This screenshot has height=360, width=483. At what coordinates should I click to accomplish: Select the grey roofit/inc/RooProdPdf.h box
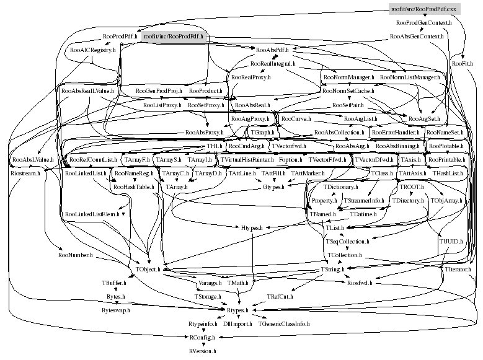pos(174,37)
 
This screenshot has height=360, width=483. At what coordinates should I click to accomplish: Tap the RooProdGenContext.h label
pos(424,24)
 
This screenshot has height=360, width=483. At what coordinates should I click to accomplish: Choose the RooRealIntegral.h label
pos(272,64)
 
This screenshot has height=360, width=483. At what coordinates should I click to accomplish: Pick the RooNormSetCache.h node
pos(348,91)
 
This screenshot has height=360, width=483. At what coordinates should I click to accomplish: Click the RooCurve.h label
pos(296,118)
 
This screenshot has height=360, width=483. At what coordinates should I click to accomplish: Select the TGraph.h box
pos(264,133)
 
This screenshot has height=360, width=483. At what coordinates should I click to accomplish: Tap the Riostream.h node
pos(25,173)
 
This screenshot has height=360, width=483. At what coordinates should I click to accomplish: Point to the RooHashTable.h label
pos(133,187)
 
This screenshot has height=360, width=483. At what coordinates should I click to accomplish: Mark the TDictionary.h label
pos(340,187)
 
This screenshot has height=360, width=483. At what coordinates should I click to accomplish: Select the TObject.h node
pos(148,269)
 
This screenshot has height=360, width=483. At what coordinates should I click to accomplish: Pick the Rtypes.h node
pos(236,310)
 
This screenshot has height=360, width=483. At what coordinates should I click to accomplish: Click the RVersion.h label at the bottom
pos(203,351)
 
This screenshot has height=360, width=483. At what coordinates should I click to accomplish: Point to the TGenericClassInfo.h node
pos(284,323)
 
